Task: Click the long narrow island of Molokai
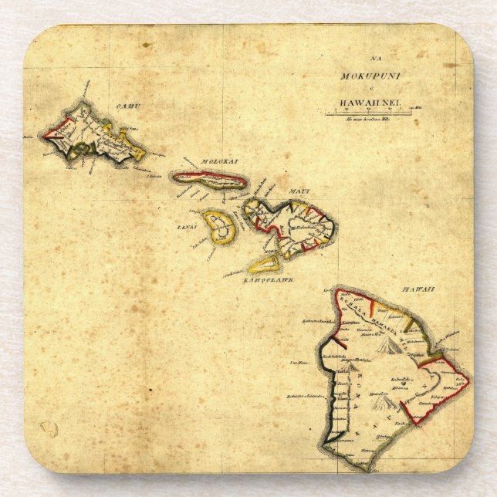210,179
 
